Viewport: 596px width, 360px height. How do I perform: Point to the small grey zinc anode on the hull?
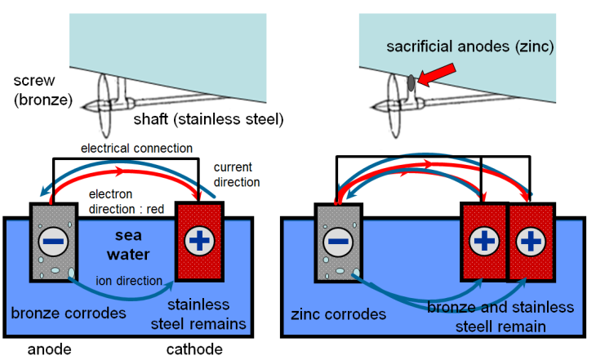pos(411,82)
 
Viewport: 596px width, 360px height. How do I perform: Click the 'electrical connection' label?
pos(136,149)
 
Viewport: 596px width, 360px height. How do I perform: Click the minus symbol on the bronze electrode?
pos(54,242)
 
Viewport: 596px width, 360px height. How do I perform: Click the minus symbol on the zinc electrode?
pos(336,242)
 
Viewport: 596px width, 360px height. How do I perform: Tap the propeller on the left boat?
pos(103,106)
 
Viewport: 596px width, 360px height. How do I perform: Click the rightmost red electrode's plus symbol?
pos(532,242)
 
